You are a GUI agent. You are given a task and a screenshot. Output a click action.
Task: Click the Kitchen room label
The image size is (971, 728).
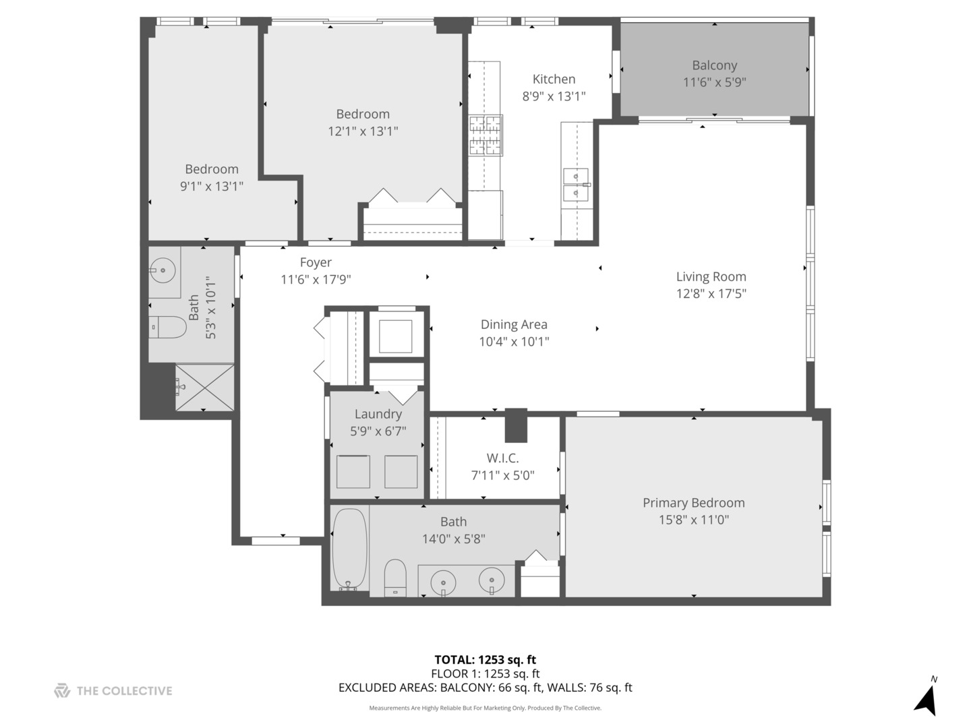tap(554, 79)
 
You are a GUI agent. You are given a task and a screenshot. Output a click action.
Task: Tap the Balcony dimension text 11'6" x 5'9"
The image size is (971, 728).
tap(714, 82)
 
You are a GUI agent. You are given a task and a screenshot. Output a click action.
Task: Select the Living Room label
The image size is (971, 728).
tap(711, 276)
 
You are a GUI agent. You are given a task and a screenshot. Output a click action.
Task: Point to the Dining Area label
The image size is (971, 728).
tap(514, 324)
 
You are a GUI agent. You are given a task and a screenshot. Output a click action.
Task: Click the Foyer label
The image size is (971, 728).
tap(316, 262)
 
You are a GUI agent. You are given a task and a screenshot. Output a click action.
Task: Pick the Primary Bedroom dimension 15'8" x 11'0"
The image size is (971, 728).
tap(693, 520)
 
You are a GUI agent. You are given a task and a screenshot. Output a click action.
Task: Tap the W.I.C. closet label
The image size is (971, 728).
tap(502, 458)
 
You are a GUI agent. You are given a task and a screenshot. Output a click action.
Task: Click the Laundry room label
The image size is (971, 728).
tap(378, 414)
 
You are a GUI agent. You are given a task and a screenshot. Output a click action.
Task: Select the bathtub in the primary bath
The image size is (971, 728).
tap(349, 549)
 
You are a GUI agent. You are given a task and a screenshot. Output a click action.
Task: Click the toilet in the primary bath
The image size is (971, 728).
tap(395, 578)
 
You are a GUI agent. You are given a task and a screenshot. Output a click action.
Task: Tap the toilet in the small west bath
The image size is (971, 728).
tap(168, 328)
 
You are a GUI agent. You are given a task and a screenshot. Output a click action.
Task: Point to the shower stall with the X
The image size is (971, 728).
tap(204, 388)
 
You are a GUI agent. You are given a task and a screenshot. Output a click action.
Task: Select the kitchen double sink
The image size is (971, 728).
tap(576, 185)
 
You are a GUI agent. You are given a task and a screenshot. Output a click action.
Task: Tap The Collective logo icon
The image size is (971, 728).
tap(62, 690)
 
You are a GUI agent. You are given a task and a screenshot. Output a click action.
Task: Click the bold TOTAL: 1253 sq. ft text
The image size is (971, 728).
tap(485, 660)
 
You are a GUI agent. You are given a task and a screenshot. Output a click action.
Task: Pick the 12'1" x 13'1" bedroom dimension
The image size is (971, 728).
tap(363, 131)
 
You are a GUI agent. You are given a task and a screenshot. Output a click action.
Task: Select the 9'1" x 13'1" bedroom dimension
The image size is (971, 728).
tap(211, 187)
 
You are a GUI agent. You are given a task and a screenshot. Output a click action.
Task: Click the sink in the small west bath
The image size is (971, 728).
tap(163, 271)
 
